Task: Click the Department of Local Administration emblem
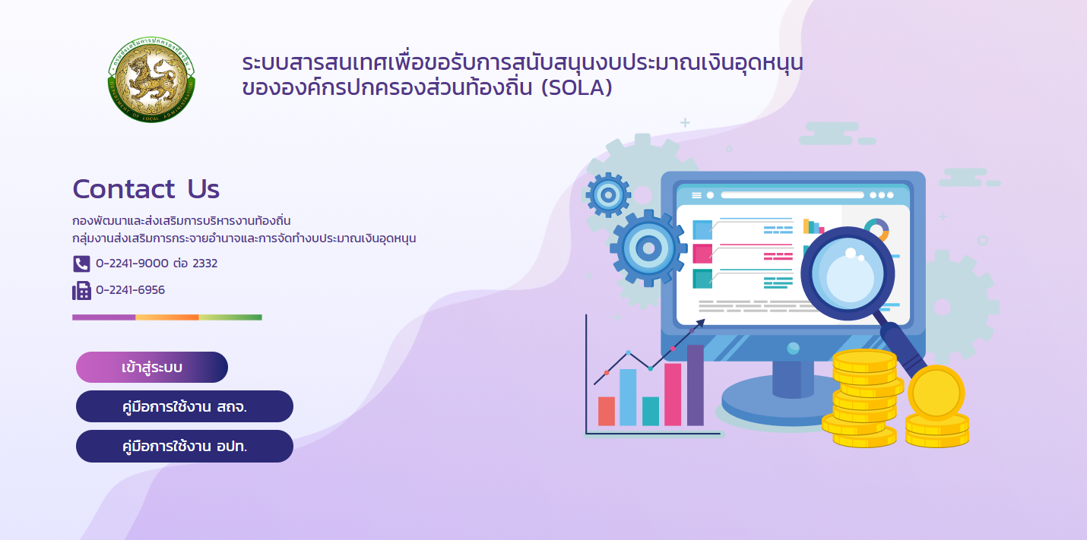click(x=151, y=80)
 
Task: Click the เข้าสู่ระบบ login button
click(x=152, y=367)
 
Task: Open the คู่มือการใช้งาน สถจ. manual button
click(x=185, y=406)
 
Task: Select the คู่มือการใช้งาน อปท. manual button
click(x=185, y=446)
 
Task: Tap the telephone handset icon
click(x=81, y=264)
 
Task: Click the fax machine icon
click(x=81, y=291)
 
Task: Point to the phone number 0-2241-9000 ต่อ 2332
click(x=157, y=264)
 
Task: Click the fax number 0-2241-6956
click(x=130, y=290)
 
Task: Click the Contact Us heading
click(x=146, y=188)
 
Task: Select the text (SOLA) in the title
click(x=576, y=88)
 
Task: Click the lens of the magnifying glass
click(x=848, y=273)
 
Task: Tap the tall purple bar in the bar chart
click(x=696, y=385)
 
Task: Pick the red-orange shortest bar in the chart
click(x=607, y=412)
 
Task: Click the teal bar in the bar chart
click(x=651, y=412)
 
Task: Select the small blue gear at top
click(x=608, y=195)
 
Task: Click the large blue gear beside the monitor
click(x=649, y=248)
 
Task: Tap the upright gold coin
click(x=936, y=393)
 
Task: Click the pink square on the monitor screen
click(x=702, y=254)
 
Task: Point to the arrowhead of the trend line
click(x=701, y=322)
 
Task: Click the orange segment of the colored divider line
click(x=167, y=317)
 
